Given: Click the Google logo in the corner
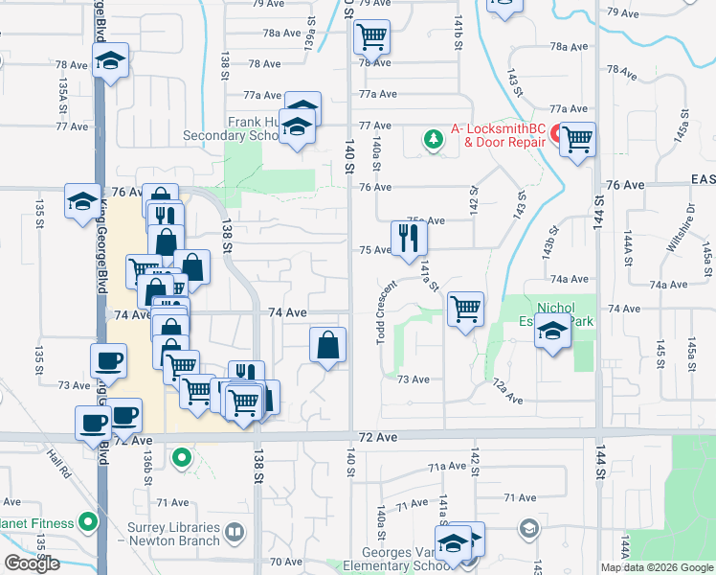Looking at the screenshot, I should tap(32, 563).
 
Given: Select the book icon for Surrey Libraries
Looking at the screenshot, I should tap(235, 530).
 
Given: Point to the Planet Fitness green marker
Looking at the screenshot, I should tap(89, 523).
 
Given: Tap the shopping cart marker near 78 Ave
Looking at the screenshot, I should tap(371, 37).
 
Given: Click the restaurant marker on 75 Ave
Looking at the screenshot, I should tap(410, 239).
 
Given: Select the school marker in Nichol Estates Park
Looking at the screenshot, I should tap(553, 332).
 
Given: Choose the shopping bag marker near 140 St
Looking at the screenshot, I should tap(328, 345).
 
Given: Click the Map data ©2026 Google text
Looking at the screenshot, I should tap(656, 567).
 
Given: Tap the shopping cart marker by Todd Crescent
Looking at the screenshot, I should tap(465, 309).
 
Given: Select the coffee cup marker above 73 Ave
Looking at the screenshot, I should tap(108, 360).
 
